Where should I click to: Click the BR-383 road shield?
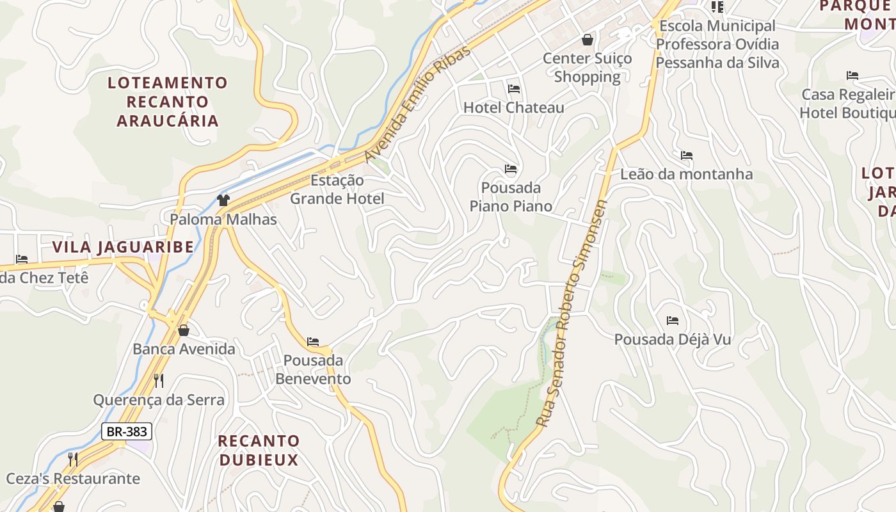(127, 431)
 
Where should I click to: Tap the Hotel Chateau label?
(513, 108)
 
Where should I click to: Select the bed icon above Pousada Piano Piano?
(510, 169)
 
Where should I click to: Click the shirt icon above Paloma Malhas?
(223, 200)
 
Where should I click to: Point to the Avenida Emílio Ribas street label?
(417, 104)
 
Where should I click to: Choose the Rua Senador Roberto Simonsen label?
(572, 314)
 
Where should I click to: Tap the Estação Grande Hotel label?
(337, 189)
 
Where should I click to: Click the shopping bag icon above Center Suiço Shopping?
(588, 40)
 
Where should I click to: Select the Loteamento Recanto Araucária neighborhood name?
(168, 102)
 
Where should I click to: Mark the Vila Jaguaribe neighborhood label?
(123, 247)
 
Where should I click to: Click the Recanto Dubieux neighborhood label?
(259, 450)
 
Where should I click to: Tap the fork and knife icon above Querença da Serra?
(159, 381)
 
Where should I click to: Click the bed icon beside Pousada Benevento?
(313, 342)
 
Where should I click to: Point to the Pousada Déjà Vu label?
(673, 339)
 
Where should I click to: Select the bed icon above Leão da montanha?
(687, 156)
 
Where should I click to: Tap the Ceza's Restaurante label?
(73, 479)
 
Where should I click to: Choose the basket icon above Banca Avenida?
(184, 330)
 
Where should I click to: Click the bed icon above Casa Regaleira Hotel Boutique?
(852, 76)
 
